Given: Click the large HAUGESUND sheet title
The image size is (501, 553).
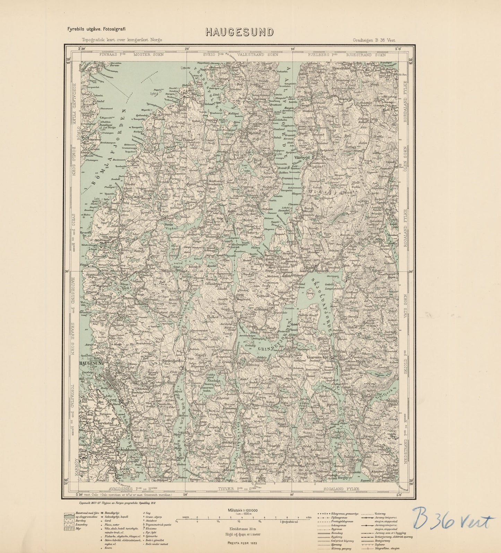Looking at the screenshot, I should [x=239, y=32].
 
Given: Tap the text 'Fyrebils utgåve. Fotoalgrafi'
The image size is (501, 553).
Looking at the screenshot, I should [x=96, y=29].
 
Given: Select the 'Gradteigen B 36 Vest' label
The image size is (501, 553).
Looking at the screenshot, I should [x=374, y=40].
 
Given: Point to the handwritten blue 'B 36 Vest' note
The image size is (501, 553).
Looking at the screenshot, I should [x=452, y=520].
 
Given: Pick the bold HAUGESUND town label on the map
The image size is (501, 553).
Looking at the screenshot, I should [x=92, y=363].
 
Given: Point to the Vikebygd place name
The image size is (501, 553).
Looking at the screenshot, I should [x=304, y=157].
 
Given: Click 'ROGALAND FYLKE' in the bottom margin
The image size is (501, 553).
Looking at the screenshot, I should [x=341, y=489].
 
